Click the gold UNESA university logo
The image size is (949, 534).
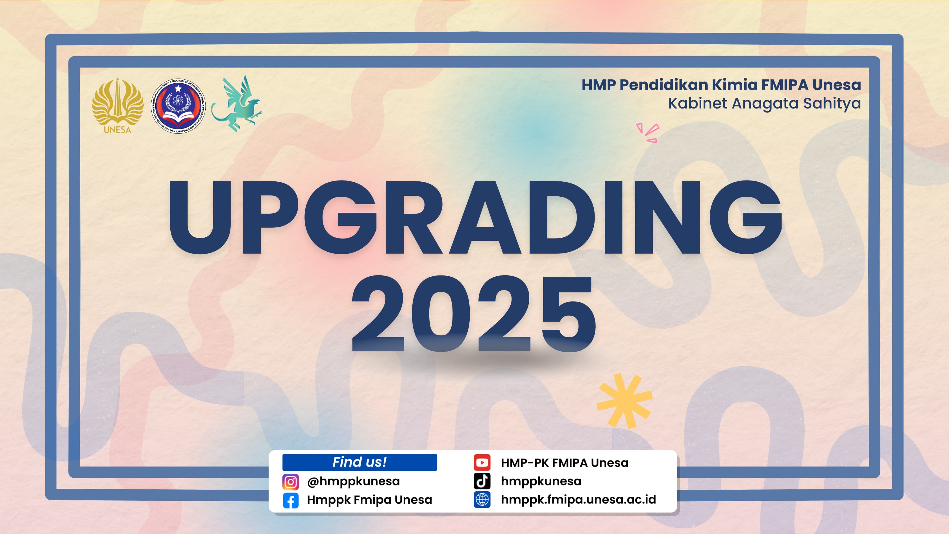(x=117, y=105)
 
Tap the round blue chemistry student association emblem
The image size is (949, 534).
(x=178, y=106)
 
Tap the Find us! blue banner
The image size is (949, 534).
(x=360, y=462)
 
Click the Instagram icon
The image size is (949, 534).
(x=291, y=482)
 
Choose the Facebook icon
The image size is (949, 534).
(x=291, y=500)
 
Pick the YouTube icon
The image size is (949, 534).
(x=482, y=463)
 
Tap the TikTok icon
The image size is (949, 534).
(x=482, y=481)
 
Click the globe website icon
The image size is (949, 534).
(x=482, y=500)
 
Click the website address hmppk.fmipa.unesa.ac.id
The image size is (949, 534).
(x=578, y=500)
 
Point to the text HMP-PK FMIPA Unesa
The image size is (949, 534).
(x=564, y=463)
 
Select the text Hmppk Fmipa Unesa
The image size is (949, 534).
(x=369, y=500)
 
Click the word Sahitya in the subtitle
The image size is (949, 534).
(x=832, y=104)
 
